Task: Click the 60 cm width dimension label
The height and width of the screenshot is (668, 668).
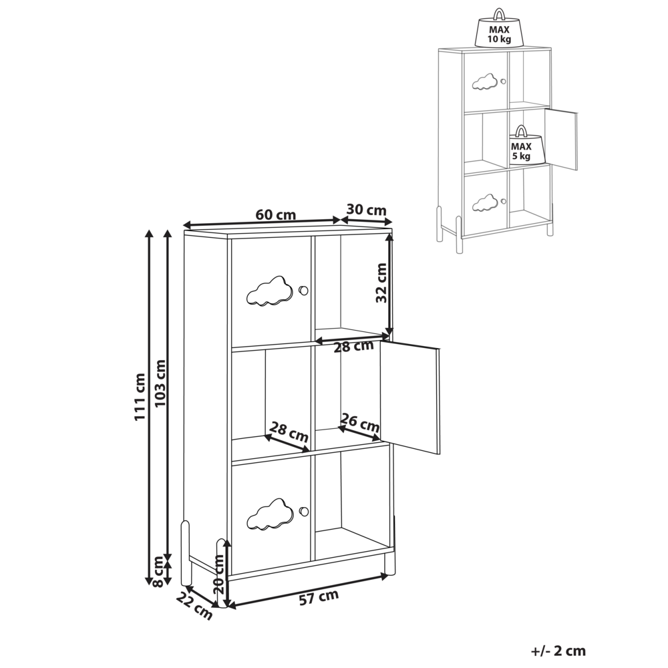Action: point(276,214)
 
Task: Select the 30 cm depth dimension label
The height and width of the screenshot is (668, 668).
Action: point(366,210)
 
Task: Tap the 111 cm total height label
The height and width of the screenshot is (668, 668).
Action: point(140,397)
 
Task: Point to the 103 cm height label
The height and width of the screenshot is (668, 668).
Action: point(160,383)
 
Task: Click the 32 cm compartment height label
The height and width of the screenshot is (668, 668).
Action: point(381,283)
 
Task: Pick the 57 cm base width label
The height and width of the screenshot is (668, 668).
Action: point(319,597)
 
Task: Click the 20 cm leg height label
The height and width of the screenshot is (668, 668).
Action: point(219,574)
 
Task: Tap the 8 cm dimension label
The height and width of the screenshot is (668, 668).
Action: point(158,571)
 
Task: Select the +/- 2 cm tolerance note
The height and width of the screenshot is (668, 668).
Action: point(558,651)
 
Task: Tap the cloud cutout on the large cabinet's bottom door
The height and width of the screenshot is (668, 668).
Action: point(270,514)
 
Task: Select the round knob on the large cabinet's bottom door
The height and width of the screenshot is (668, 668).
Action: point(303,511)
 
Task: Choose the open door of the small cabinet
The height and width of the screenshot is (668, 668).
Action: point(562,139)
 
